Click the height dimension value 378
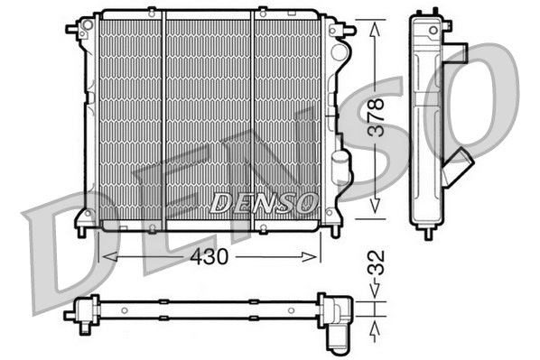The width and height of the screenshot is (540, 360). coord(380,116)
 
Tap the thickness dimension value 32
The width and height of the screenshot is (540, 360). coord(380,263)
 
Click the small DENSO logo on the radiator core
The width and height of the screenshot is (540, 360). coord(263,202)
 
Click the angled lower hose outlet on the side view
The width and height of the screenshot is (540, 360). coord(458,168)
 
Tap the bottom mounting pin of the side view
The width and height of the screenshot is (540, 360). coord(426,232)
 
